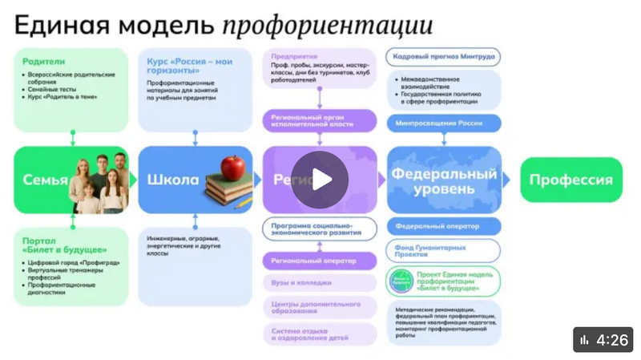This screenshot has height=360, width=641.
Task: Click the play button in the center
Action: [x=320, y=180]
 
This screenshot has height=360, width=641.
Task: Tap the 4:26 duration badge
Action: [x=603, y=340]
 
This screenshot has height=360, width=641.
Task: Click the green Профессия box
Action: [x=571, y=180]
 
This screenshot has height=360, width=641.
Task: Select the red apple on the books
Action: [x=232, y=168]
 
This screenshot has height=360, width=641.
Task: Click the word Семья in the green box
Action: [x=45, y=180]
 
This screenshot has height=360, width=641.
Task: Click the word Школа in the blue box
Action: [x=172, y=180]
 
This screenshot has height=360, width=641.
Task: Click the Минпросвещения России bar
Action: [x=443, y=124]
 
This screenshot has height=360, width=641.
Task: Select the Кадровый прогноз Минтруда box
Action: [x=443, y=57]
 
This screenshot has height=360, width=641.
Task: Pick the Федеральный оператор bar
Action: [x=443, y=226]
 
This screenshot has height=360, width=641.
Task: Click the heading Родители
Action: [x=44, y=61]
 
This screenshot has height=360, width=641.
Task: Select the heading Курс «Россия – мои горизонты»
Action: [x=189, y=66]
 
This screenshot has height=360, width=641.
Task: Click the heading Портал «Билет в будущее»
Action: [x=54, y=244]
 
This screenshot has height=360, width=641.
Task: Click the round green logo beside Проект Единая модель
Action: [x=401, y=281]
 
